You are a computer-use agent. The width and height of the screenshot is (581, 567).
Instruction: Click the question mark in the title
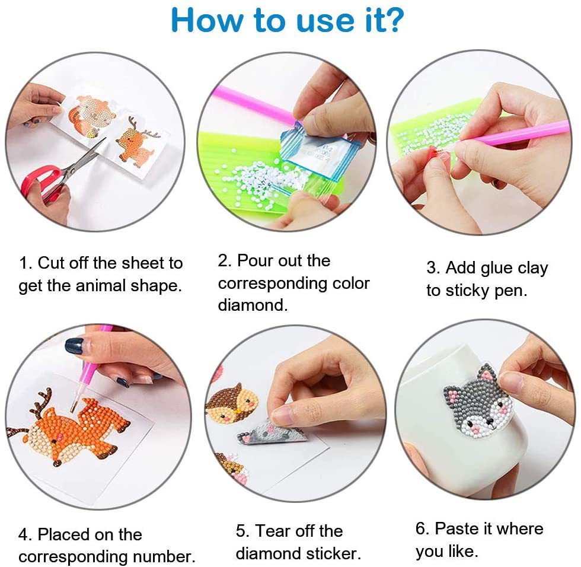[x=393, y=21]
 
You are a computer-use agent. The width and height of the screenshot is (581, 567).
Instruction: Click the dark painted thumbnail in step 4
[x=74, y=346]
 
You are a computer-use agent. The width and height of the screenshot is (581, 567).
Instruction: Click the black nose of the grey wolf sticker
[x=478, y=426]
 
